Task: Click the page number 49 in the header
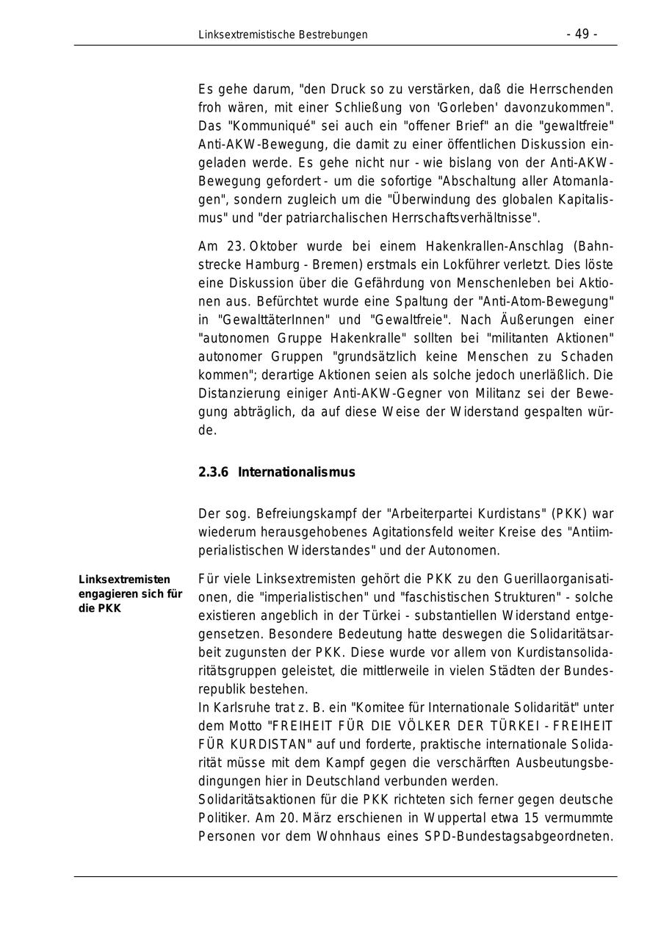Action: click(x=582, y=35)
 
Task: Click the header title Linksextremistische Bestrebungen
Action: click(x=283, y=35)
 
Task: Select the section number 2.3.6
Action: click(x=213, y=472)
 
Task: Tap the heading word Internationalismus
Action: click(x=296, y=472)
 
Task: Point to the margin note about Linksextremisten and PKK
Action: click(x=130, y=594)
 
